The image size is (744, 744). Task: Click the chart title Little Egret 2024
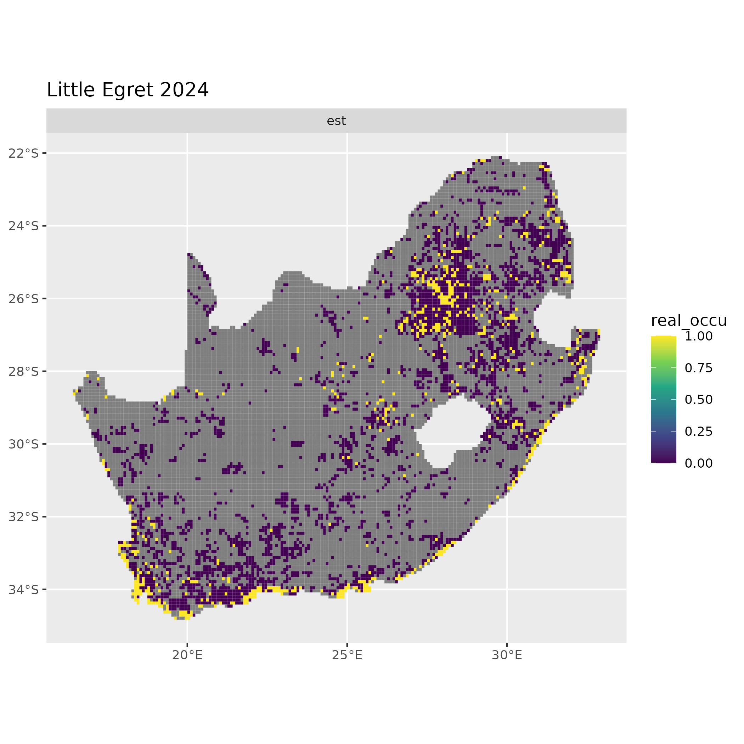(128, 90)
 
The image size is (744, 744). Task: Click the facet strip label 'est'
(336, 121)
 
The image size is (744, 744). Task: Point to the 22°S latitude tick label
(24, 153)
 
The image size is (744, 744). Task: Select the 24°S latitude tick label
(24, 226)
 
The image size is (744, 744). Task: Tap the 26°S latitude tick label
(24, 298)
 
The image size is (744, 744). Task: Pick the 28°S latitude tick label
(24, 371)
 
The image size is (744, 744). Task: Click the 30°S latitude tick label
(24, 444)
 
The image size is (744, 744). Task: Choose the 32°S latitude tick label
(24, 517)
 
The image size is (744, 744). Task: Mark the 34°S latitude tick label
(24, 589)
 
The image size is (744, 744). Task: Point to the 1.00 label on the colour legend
(699, 336)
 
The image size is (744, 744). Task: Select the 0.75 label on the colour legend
(699, 368)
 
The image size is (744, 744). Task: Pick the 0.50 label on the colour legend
(699, 400)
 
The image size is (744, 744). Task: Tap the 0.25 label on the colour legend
(699, 432)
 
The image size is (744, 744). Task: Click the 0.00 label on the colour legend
(699, 463)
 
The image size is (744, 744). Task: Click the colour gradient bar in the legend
(664, 399)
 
